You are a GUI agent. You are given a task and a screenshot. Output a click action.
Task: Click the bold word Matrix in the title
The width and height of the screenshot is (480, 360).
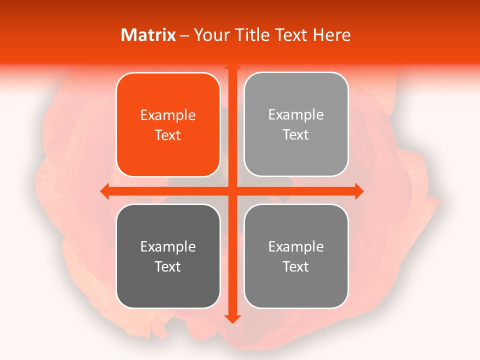click(x=148, y=35)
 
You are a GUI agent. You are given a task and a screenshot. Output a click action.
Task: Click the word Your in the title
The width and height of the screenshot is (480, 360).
click(x=211, y=35)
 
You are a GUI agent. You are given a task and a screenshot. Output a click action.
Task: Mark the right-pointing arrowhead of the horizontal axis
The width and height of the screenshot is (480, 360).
click(x=358, y=191)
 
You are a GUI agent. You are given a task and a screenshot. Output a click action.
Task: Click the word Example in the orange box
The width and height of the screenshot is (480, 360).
click(x=168, y=115)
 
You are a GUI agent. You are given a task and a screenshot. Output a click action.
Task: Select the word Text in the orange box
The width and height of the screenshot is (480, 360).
click(x=168, y=135)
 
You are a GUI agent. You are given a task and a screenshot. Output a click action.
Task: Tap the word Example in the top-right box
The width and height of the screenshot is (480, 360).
click(x=296, y=115)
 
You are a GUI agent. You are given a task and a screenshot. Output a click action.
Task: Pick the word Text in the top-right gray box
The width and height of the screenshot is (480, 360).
click(x=296, y=134)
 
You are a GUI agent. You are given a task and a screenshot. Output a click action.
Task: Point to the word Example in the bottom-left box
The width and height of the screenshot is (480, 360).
click(x=168, y=247)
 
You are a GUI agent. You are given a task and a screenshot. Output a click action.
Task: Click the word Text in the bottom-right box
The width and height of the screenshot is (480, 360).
click(x=296, y=266)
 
